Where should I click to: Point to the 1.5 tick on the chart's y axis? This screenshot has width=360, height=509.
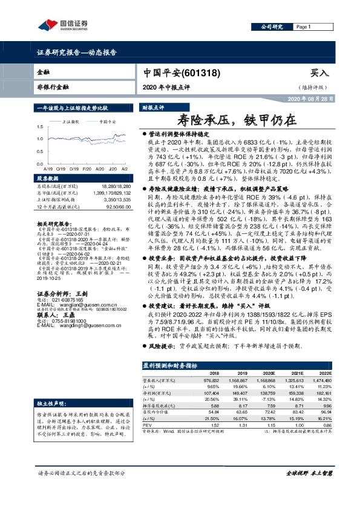pyautogui.click(x=40, y=128)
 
